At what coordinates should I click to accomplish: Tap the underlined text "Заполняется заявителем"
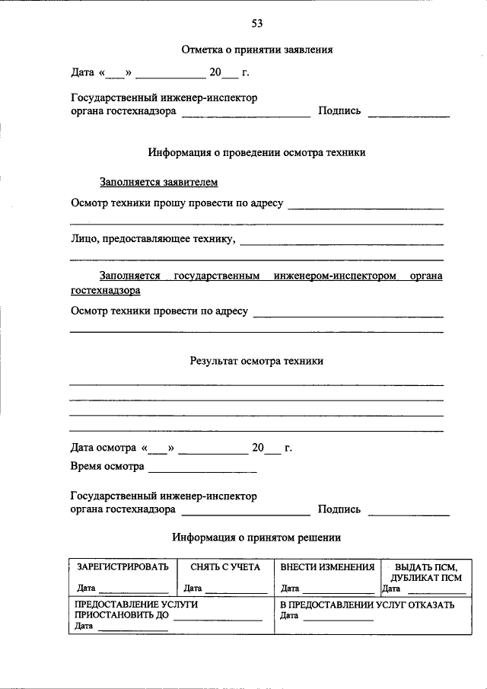coord(158,182)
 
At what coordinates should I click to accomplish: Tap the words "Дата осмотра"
coord(103,448)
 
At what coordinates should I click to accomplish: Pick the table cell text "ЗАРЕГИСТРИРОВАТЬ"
coord(122,567)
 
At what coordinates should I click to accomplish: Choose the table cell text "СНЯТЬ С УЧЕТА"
coord(225,567)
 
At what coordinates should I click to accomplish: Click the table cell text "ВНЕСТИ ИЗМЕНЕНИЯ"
coord(327,567)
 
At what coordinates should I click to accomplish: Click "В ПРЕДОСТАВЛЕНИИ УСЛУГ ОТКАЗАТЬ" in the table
coord(368,604)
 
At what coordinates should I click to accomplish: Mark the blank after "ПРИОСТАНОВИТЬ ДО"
coord(218,619)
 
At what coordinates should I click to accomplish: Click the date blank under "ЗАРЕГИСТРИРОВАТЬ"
coord(133,590)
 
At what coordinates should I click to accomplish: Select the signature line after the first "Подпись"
coord(409,114)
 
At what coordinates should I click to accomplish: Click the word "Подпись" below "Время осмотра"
coord(339,509)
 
